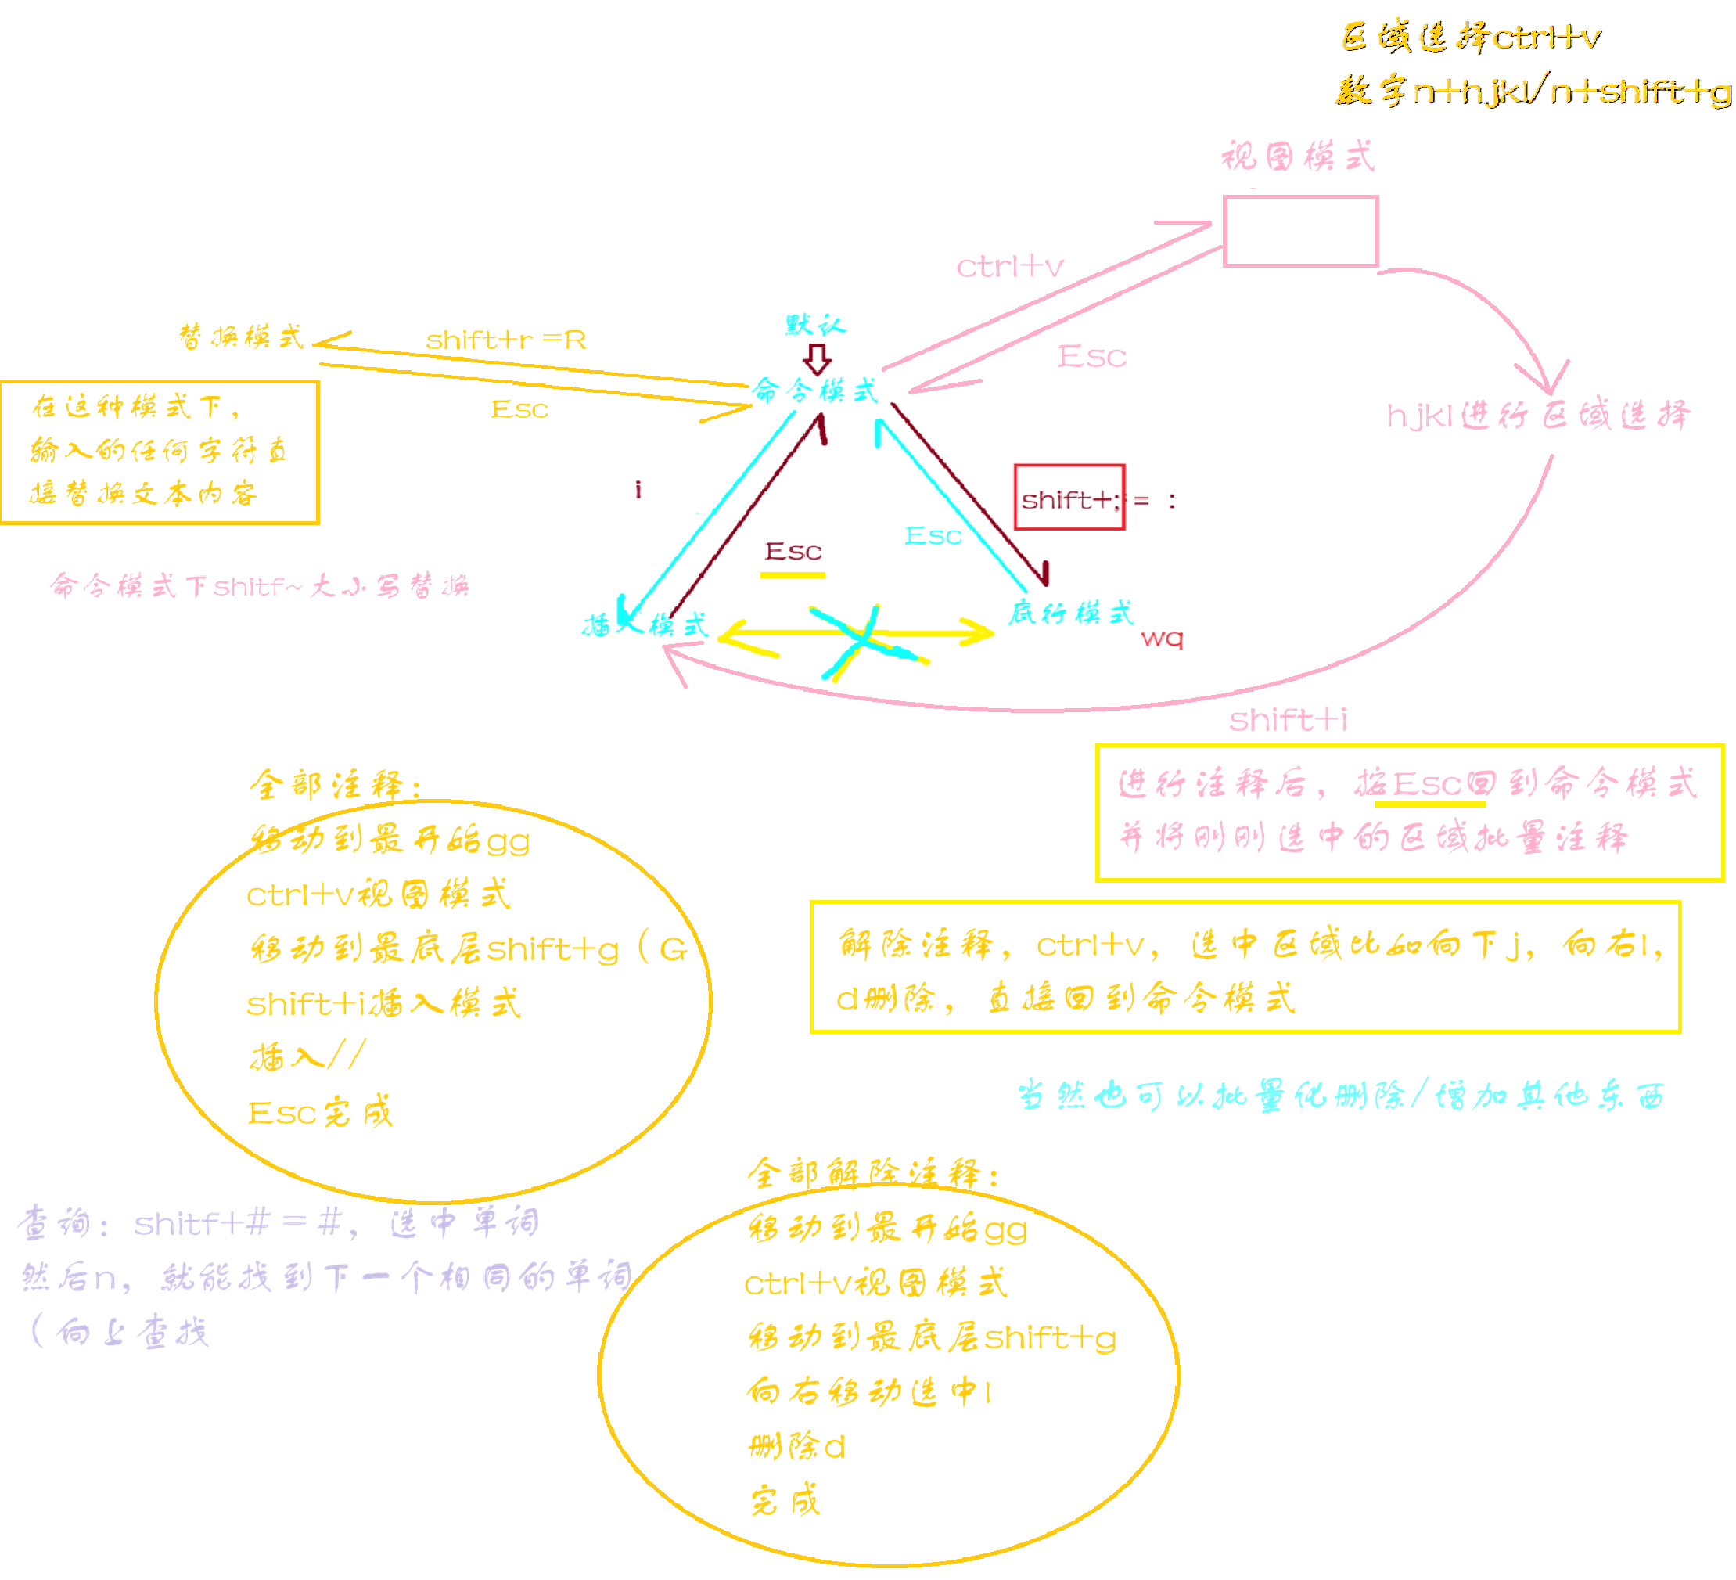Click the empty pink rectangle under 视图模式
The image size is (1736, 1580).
click(x=1300, y=231)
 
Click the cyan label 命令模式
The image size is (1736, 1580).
click(x=814, y=391)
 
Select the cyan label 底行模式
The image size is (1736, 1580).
click(x=1071, y=614)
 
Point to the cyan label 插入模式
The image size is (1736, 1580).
click(x=646, y=624)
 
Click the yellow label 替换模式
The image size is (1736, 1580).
click(x=241, y=337)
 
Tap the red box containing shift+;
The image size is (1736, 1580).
click(x=1069, y=497)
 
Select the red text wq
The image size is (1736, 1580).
click(x=1162, y=639)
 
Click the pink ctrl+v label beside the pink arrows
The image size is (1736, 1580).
click(x=1010, y=267)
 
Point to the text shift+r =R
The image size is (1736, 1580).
click(x=506, y=340)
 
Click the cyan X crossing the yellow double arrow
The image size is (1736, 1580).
click(x=863, y=642)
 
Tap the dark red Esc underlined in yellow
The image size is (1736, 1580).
click(x=793, y=552)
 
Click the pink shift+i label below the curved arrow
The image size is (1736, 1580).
click(x=1289, y=720)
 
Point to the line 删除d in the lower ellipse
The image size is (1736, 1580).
click(x=797, y=1447)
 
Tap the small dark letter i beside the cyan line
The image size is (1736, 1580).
click(x=638, y=490)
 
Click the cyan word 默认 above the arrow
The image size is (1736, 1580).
click(x=815, y=325)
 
